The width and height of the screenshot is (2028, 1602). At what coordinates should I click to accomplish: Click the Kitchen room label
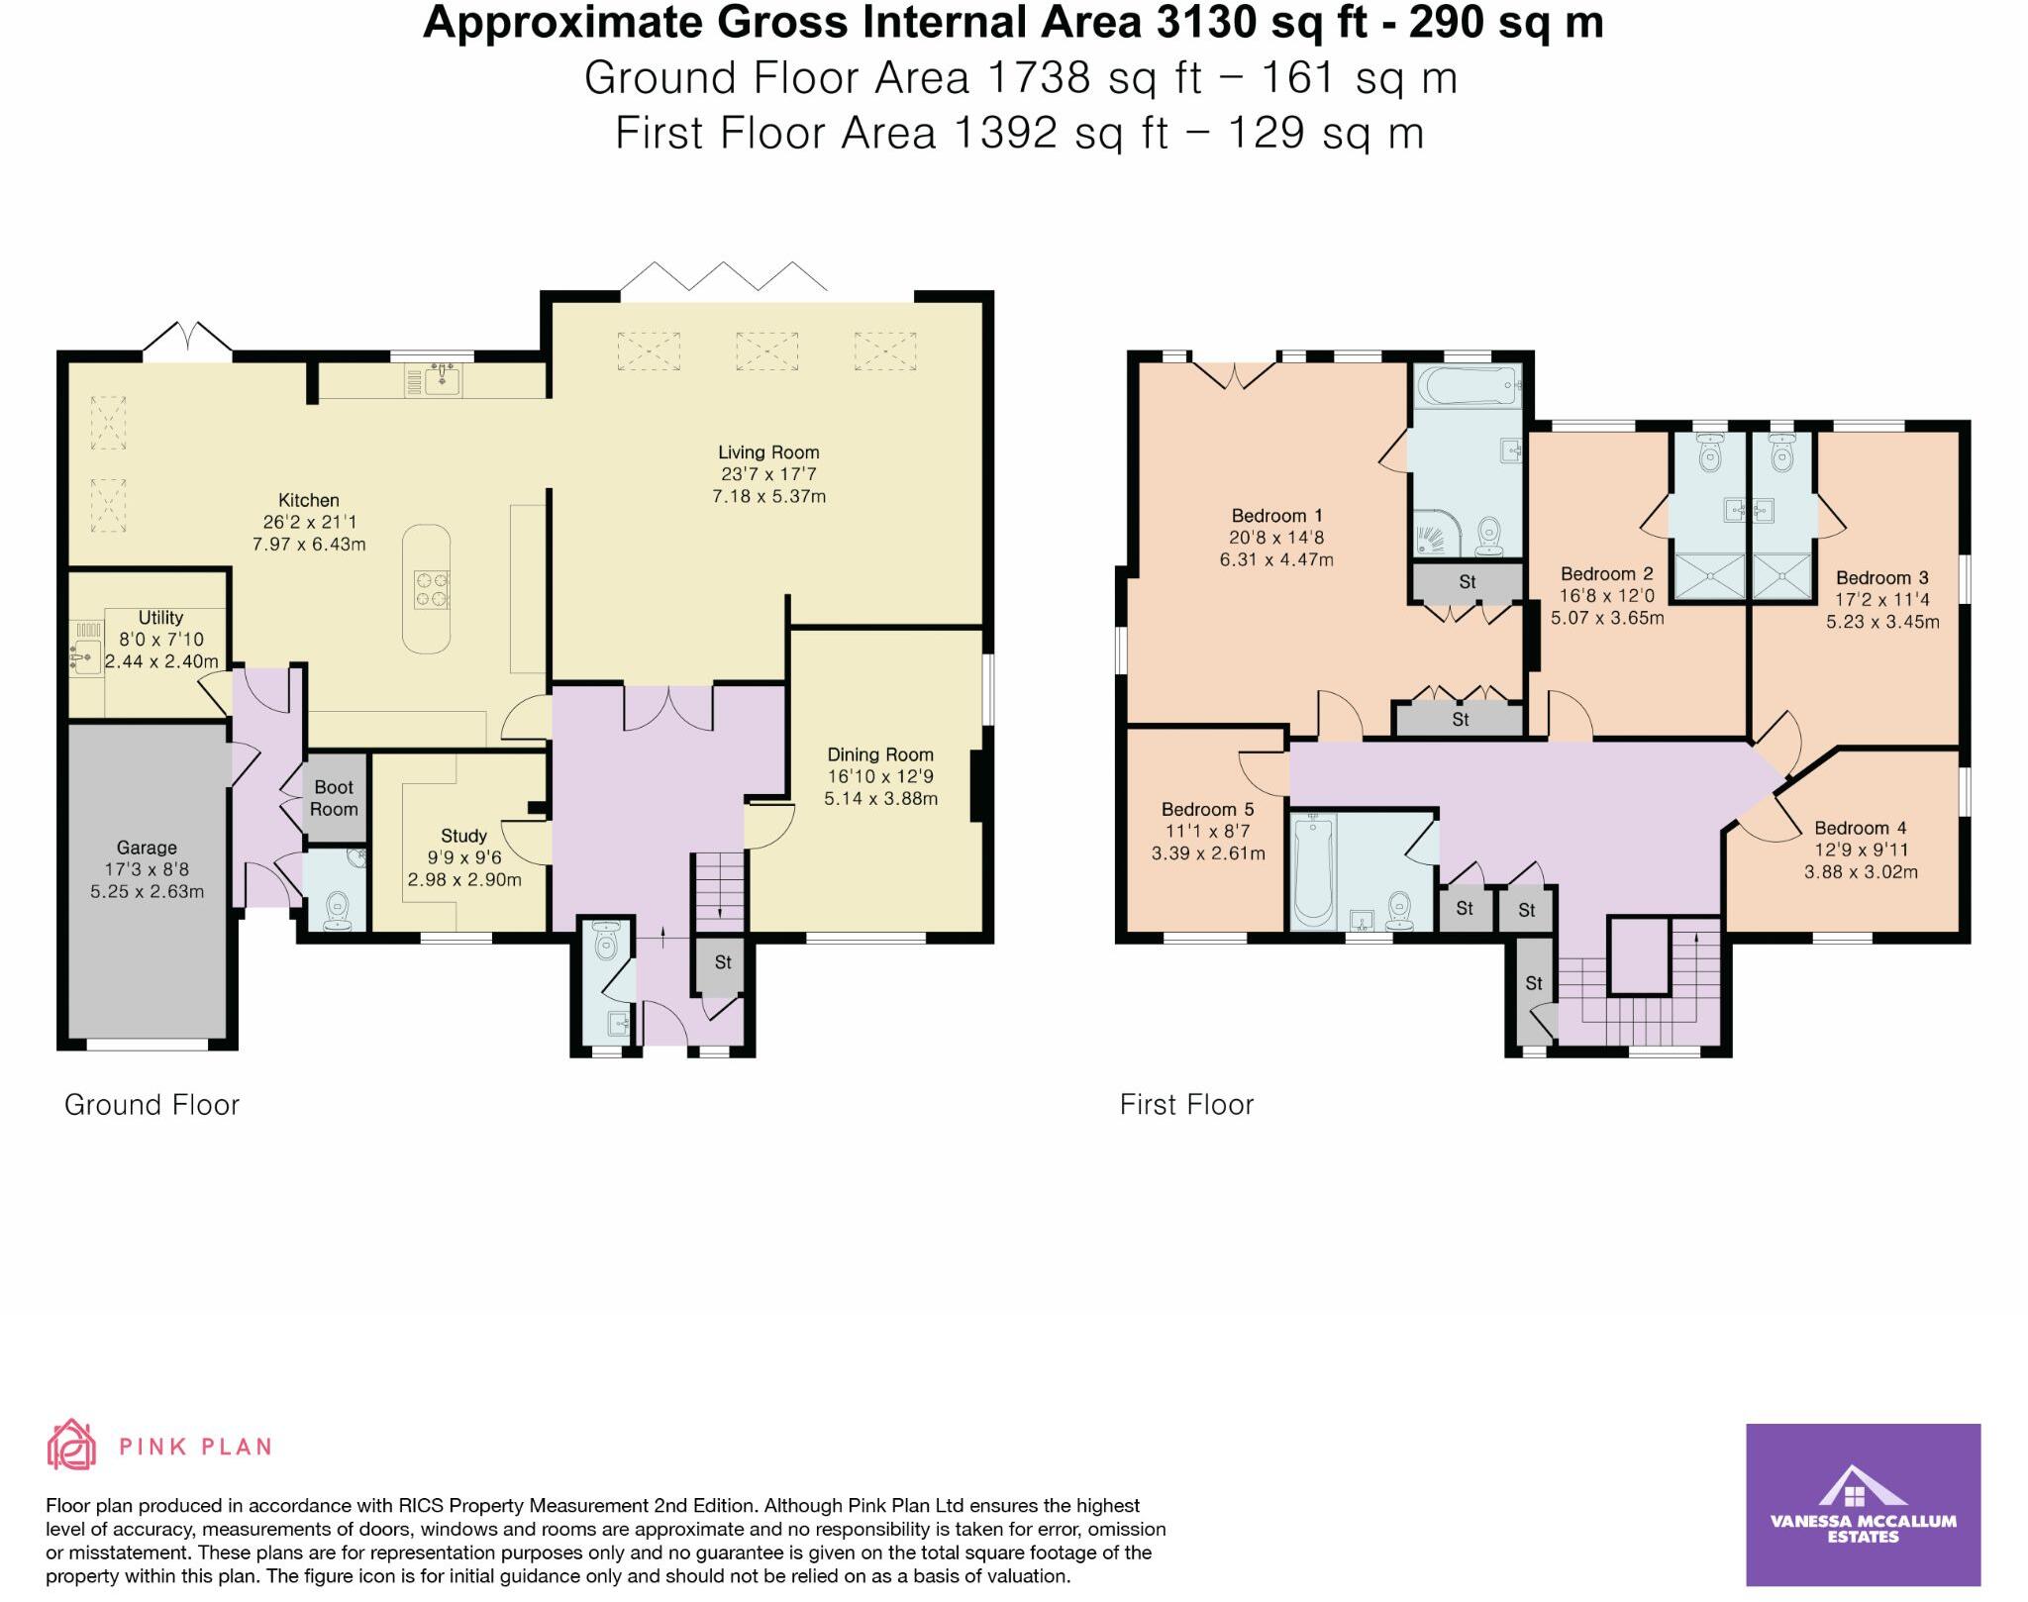[x=309, y=500]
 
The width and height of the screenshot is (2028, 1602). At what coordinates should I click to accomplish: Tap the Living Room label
[x=768, y=452]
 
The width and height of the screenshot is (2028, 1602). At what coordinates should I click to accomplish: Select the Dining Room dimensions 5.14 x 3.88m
[x=880, y=798]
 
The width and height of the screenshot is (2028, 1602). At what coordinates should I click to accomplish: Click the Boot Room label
[x=334, y=798]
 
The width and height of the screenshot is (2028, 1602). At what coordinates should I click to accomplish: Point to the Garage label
[x=147, y=848]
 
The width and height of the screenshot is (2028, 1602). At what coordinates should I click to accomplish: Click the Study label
[x=463, y=836]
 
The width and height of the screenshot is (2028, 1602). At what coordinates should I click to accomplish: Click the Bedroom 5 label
[x=1207, y=810]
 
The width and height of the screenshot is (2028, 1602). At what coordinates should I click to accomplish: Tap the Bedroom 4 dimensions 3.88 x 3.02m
[x=1862, y=872]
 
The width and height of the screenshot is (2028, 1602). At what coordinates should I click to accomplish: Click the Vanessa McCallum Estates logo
[x=1863, y=1505]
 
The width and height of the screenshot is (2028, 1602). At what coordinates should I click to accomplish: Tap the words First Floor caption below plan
[x=1186, y=1105]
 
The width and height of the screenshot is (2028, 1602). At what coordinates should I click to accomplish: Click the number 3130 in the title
[x=1198, y=22]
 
